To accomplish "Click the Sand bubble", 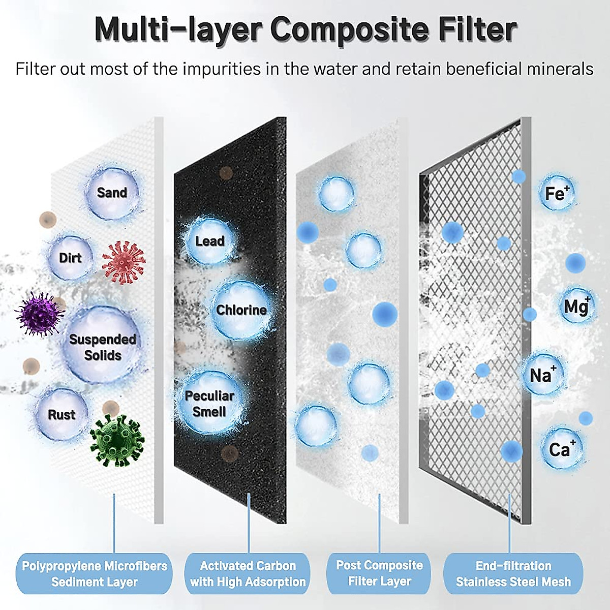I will click(x=112, y=193).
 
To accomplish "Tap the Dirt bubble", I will click(x=71, y=257).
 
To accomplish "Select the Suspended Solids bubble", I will click(x=103, y=346).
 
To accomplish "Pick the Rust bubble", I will click(x=62, y=414).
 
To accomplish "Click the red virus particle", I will click(x=124, y=262).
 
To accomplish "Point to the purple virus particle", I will click(x=39, y=314).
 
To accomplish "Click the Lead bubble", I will click(x=209, y=240).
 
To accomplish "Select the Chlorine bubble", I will click(x=240, y=310).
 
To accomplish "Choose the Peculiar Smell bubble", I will click(x=209, y=403).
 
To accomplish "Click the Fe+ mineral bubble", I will click(x=557, y=193).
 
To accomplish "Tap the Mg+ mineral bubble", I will click(x=576, y=306).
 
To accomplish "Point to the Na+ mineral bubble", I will click(x=542, y=375).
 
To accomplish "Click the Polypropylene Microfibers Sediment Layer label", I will click(x=95, y=574).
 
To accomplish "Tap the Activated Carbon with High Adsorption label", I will click(x=248, y=574).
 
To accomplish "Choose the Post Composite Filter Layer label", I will click(x=379, y=573).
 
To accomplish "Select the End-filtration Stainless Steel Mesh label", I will click(x=513, y=574).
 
